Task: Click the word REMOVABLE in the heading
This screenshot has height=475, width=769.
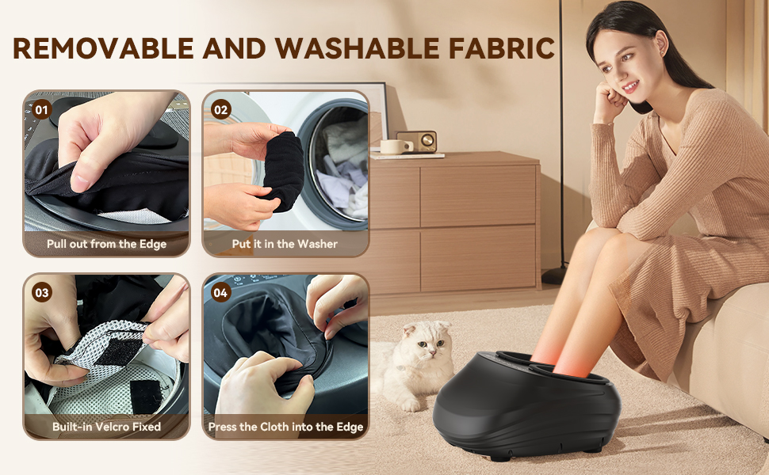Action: (x=104, y=48)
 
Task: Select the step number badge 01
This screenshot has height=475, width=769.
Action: (x=42, y=110)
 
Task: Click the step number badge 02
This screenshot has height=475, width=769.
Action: (x=221, y=110)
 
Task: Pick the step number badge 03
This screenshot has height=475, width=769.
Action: (x=42, y=293)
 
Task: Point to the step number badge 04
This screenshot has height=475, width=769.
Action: (x=221, y=293)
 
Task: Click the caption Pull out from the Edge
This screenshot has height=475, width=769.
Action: (x=106, y=244)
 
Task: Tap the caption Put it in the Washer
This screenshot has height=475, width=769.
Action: (x=285, y=244)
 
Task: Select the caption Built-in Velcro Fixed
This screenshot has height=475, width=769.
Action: (x=106, y=427)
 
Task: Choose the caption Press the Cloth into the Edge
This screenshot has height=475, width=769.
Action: (x=286, y=427)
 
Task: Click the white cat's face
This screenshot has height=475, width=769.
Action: (x=425, y=342)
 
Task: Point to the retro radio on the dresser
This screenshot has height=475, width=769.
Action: (x=417, y=142)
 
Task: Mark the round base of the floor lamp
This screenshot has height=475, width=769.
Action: (x=554, y=275)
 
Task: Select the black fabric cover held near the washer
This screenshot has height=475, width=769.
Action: (x=283, y=171)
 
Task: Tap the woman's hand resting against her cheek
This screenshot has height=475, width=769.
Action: (x=610, y=98)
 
